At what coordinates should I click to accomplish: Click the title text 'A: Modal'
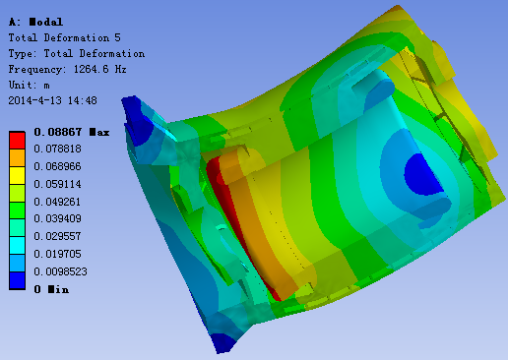tap(35, 22)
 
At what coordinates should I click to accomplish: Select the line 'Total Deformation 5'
tap(65, 37)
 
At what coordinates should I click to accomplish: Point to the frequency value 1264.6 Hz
tap(99, 69)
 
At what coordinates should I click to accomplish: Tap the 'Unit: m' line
tap(30, 85)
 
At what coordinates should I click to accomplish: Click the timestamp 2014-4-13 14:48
tap(52, 100)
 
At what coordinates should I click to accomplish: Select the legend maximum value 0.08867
tap(58, 132)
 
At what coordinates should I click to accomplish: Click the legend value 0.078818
tap(57, 149)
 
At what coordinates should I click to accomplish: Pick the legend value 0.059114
tap(57, 184)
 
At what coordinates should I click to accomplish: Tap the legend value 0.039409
tap(57, 218)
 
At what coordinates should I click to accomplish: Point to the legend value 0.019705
tap(57, 254)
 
